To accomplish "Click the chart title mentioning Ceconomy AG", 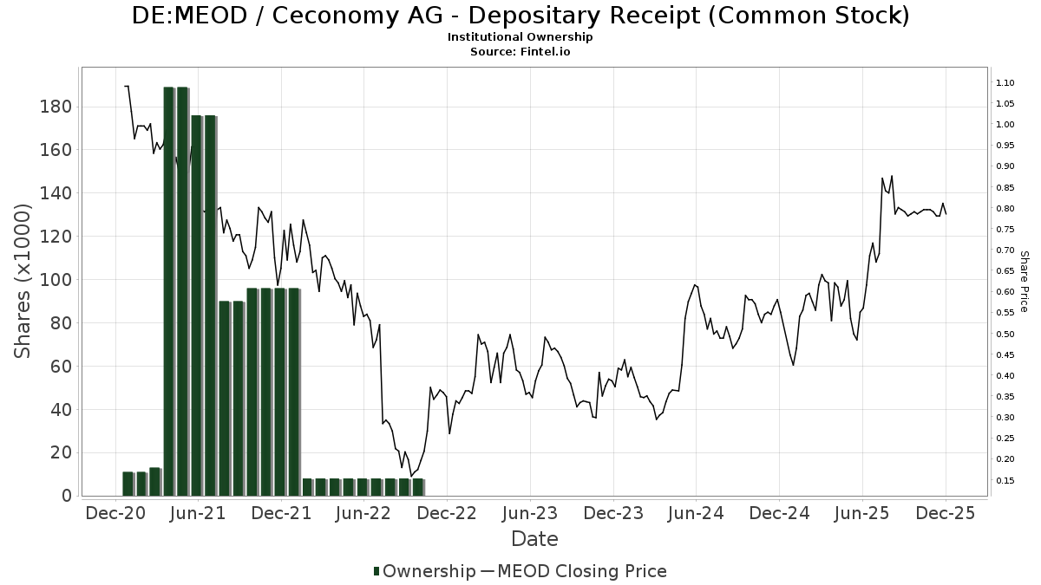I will click(x=520, y=16).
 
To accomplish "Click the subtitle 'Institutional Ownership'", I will click(x=520, y=37).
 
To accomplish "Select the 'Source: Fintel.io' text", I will click(x=520, y=51).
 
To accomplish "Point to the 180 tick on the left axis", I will click(x=56, y=107).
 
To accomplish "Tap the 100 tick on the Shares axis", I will click(x=56, y=280).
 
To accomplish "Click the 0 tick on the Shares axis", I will click(x=66, y=496).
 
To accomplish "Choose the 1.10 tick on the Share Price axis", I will click(x=1005, y=82).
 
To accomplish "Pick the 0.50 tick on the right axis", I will click(x=1005, y=334).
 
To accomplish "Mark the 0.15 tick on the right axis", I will click(x=1005, y=480).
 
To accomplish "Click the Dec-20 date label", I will click(x=116, y=514).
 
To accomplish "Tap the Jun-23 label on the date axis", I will click(x=529, y=514).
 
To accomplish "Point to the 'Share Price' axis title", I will click(x=1024, y=282).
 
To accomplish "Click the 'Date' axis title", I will click(x=534, y=539).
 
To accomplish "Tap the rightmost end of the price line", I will click(x=946, y=214).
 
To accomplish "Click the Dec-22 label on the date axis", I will click(x=446, y=514).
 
